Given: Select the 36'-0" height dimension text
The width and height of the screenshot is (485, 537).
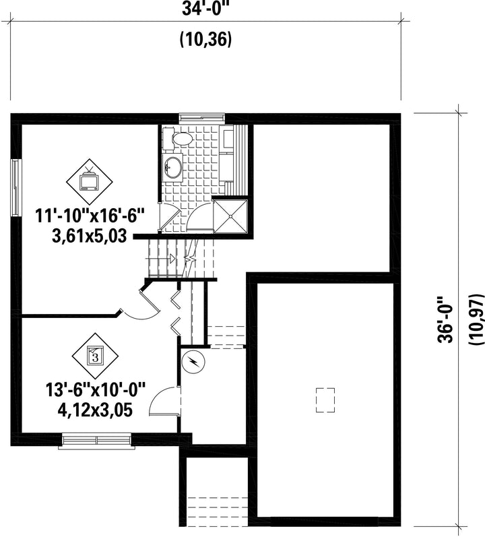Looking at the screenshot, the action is pos(445,320).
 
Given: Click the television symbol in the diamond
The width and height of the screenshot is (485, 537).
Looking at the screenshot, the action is pos(90,180).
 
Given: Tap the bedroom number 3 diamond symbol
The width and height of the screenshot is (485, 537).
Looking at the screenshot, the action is pos(95,356).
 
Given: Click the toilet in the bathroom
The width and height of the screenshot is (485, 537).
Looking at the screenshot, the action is pos(178,139).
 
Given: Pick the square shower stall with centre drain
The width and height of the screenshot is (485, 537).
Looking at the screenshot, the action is pos(230,216).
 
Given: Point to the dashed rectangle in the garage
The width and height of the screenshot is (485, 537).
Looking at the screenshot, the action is pos(325,400).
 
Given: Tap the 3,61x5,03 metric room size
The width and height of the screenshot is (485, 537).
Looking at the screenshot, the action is pos(90,236).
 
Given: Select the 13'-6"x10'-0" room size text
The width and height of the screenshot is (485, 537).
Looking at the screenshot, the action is pos(96,390).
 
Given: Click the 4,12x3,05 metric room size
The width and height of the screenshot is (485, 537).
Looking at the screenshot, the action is pos(95,410).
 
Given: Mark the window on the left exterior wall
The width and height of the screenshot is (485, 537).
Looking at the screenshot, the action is pos(15,187).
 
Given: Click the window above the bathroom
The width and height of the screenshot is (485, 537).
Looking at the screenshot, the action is pos(202,118).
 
